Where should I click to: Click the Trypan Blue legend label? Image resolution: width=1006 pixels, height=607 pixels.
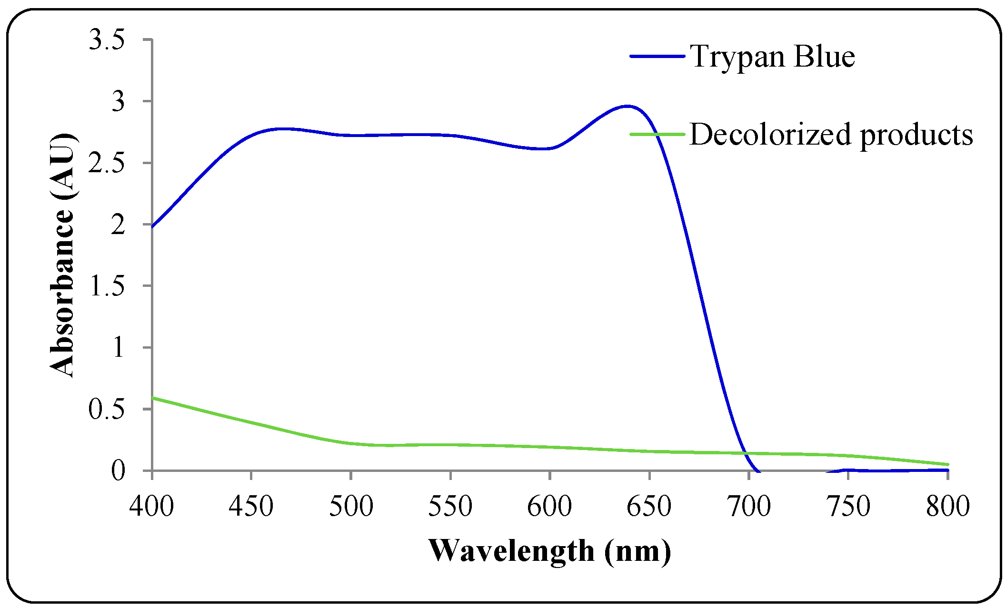772,57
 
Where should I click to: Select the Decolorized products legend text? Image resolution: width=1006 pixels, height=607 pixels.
831,135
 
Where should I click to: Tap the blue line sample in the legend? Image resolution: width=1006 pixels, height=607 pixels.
657,56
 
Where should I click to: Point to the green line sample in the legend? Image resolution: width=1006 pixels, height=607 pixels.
657,134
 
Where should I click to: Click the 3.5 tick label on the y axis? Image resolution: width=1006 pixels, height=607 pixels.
107,39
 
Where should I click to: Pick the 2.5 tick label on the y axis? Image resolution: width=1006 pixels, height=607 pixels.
107,163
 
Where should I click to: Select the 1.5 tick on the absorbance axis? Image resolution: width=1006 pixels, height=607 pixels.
107,286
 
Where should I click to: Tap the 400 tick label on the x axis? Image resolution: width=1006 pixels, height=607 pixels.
151,506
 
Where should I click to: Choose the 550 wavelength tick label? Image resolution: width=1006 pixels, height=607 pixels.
450,506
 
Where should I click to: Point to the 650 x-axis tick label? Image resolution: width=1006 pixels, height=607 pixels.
649,506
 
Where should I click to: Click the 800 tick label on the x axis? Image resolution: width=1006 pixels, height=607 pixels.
947,506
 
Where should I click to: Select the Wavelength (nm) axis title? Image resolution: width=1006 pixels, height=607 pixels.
549,551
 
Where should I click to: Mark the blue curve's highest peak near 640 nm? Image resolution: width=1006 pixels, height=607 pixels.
628,106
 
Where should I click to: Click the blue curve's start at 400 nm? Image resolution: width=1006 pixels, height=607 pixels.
152,226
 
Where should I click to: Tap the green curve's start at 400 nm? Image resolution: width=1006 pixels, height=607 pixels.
152,398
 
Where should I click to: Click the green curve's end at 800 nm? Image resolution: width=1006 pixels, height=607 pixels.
947,464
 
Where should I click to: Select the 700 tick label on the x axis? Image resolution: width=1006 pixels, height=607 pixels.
748,506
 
